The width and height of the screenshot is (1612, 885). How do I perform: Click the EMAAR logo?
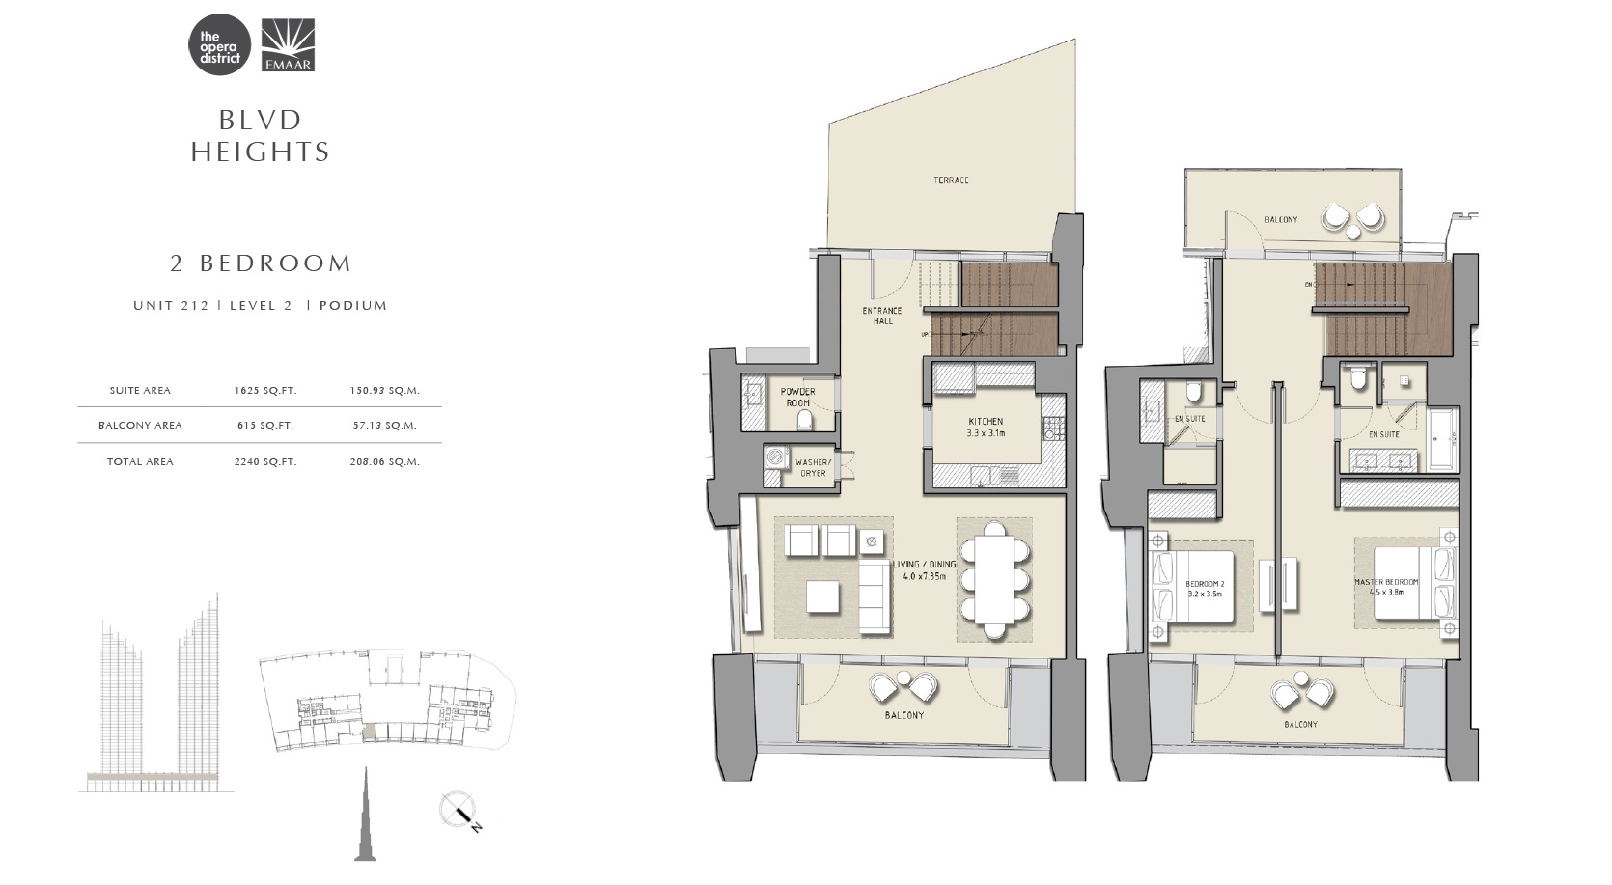pos(287,44)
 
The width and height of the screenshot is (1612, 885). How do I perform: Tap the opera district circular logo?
pos(219,44)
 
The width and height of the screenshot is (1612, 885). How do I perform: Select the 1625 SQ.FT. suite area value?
pos(265,391)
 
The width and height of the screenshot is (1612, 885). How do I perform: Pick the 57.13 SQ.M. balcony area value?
pos(385,426)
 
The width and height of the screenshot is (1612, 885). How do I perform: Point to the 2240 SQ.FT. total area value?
pos(265,462)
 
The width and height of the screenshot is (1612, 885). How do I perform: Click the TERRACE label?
pos(952,180)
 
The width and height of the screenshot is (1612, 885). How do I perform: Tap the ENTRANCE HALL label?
pos(882,316)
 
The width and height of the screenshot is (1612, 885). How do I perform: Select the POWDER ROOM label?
pos(798,398)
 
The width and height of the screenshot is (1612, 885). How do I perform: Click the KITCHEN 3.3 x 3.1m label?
pos(986,428)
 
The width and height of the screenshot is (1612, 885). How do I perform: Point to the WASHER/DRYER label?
pos(813,468)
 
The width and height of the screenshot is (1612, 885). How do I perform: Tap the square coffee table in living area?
pos(822,596)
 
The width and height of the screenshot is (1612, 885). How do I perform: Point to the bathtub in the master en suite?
pos(1443,439)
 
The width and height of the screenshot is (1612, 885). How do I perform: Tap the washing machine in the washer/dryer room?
pos(774,458)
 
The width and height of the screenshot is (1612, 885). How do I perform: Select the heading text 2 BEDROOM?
pos(261,263)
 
